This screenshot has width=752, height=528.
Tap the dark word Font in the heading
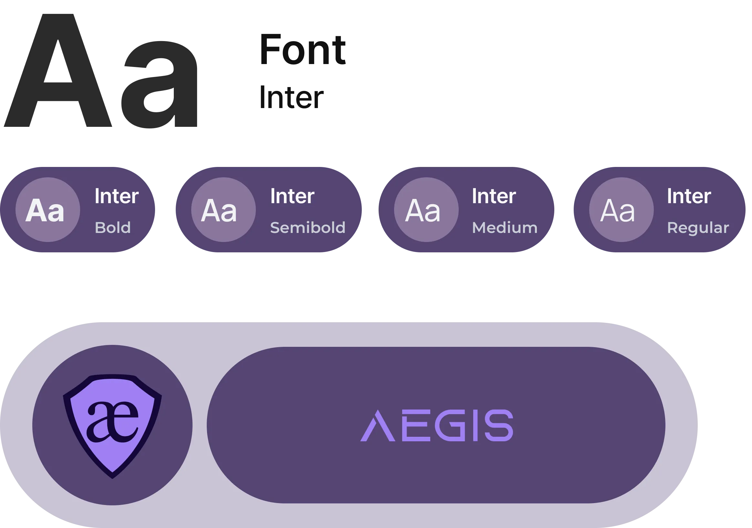pos(303,50)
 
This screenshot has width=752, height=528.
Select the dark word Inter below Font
pos(291,97)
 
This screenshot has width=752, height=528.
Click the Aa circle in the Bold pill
pos(48,210)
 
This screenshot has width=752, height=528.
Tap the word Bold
pos(113,227)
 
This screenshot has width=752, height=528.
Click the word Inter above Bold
pos(117,196)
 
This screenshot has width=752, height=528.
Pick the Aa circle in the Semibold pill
pos(224,210)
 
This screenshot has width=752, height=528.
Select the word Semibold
pos(308,227)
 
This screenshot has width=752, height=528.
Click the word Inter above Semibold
pos(292,196)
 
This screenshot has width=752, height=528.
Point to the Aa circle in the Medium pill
pos(426,210)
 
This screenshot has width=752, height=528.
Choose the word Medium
pos(505,227)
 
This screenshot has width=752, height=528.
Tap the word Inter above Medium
pos(494,196)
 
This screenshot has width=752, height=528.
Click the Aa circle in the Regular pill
pos(621,210)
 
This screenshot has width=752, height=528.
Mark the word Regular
pos(698,227)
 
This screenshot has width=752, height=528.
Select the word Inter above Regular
pos(689,196)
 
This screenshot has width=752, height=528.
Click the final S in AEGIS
pos(498,425)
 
